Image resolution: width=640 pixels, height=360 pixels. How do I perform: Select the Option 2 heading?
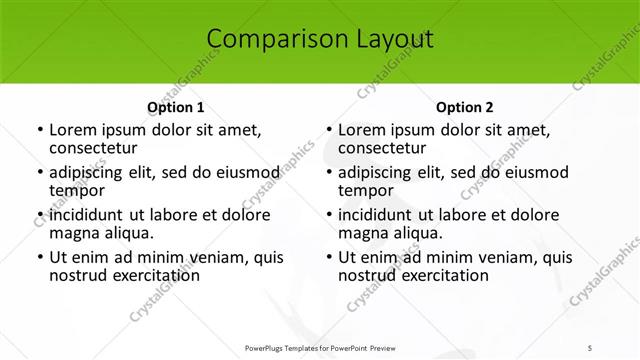465,107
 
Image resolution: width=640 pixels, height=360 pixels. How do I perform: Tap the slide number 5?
591,346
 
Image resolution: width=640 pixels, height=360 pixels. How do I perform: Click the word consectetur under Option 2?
381,149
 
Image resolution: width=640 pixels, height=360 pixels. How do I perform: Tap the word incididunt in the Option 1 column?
86,215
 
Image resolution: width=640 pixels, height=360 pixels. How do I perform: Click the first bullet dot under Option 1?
39,130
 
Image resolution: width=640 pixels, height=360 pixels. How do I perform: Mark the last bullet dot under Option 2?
329,257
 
